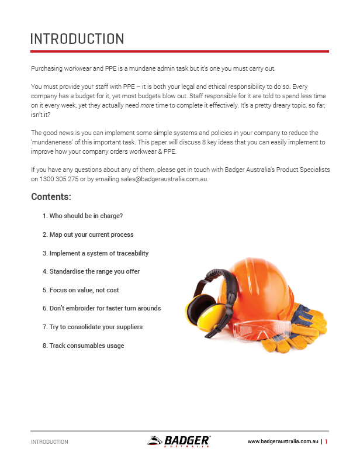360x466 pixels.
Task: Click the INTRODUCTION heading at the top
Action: point(77,39)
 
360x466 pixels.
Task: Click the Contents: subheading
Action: point(51,197)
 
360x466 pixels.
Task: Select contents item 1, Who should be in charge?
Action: point(82,216)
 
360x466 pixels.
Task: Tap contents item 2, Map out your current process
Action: point(88,234)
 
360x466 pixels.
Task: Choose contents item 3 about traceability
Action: point(95,253)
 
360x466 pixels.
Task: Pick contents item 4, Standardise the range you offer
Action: point(91,271)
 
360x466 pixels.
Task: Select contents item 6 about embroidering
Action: point(101,308)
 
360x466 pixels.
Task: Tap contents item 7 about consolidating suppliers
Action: point(92,327)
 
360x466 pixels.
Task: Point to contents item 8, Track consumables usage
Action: point(83,346)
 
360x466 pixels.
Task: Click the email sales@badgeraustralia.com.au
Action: point(158,180)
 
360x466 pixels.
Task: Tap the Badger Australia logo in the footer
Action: point(179,441)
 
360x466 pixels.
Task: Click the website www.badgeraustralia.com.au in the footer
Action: point(283,442)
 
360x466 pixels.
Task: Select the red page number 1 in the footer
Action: point(326,442)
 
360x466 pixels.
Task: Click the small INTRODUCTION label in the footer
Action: point(50,442)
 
